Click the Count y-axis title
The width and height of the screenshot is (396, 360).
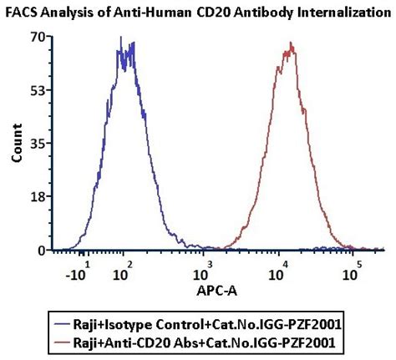point(14,143)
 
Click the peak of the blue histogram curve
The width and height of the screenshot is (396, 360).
point(122,38)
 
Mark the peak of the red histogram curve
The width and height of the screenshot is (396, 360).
point(292,43)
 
